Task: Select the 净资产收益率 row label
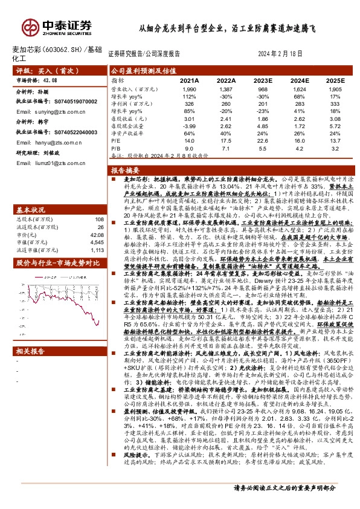coord(124,132)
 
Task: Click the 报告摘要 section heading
coord(126,170)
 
